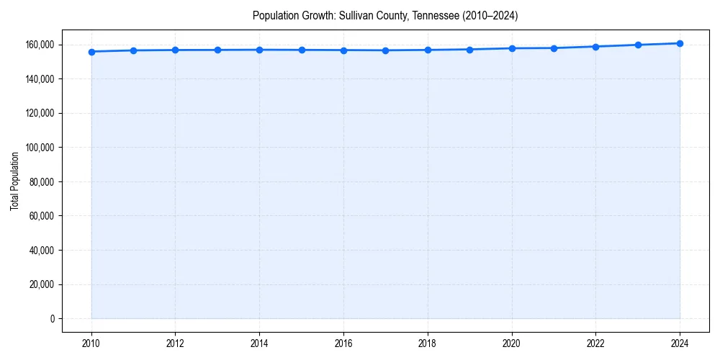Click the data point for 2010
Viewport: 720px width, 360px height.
coord(91,52)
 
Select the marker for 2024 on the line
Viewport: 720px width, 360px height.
coord(680,43)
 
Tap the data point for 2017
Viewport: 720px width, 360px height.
coord(386,50)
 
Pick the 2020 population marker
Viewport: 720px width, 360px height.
coord(512,48)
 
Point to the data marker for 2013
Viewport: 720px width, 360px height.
coord(217,50)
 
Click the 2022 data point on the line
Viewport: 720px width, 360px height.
coord(595,47)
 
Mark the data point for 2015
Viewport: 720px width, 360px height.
coord(302,50)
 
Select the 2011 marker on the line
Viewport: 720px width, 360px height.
coord(133,50)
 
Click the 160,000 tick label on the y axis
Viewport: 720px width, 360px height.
coord(39,45)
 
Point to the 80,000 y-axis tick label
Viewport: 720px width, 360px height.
coord(41,181)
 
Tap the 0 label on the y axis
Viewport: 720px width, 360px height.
coord(52,319)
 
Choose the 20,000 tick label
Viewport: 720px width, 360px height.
coord(41,284)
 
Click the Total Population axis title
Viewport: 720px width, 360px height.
coord(14,181)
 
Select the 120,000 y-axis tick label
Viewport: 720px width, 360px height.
coord(39,113)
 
